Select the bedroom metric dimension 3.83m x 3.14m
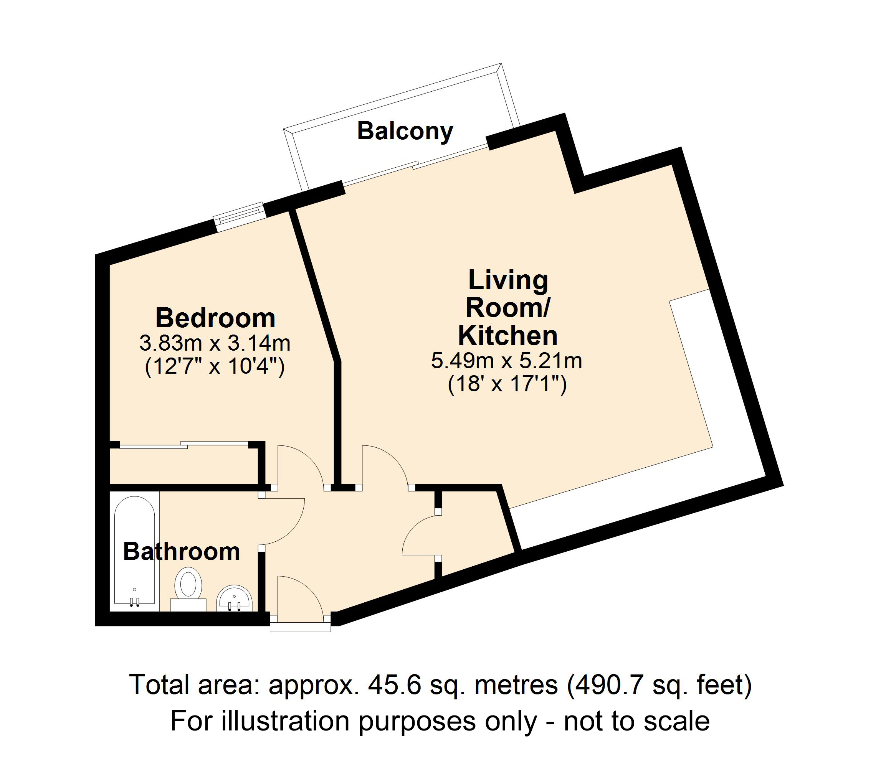click(215, 343)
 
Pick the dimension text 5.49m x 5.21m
click(506, 361)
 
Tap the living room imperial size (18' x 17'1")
click(507, 385)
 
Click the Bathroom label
click(182, 551)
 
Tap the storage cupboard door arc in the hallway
click(419, 536)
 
